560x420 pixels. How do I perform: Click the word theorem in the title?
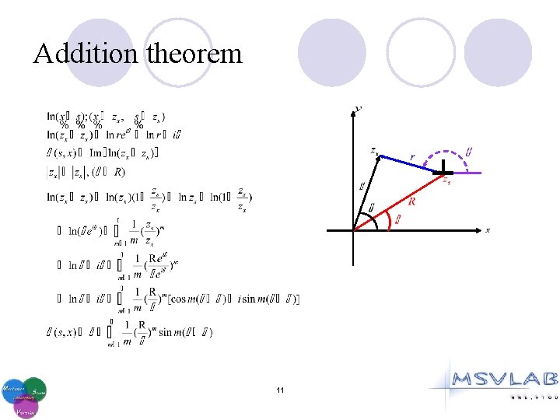click(x=194, y=54)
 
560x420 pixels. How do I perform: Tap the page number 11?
click(x=279, y=389)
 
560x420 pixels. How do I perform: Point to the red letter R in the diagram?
click(x=411, y=201)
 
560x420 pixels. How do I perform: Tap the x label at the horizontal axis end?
click(x=488, y=230)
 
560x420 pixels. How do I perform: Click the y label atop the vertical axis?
click(x=358, y=108)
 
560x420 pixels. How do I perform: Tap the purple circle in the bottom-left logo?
click(x=25, y=407)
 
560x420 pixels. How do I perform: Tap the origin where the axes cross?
click(x=355, y=230)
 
